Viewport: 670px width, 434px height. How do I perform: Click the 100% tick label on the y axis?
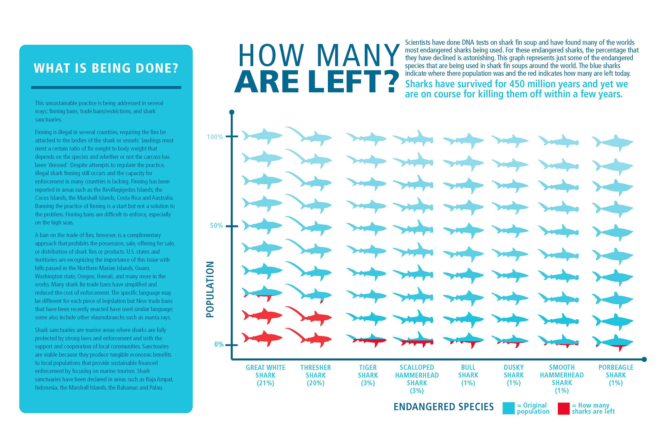[215, 137]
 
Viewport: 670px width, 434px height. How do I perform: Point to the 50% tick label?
[216, 226]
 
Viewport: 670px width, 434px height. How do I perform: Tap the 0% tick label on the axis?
[218, 345]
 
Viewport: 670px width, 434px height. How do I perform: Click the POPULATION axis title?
[210, 289]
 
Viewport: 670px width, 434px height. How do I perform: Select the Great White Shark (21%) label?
[265, 375]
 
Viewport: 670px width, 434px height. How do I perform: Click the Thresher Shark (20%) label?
[315, 375]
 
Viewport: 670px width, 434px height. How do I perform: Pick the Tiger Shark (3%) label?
[368, 375]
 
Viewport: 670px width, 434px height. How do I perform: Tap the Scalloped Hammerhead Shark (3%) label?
[417, 379]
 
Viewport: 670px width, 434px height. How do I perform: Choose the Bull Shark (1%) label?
[468, 375]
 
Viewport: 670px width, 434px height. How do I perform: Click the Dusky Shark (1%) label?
[514, 375]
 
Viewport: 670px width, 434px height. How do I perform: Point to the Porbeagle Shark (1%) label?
[616, 375]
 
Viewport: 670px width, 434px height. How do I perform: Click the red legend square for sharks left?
[564, 408]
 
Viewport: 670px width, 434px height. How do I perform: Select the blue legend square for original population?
[508, 408]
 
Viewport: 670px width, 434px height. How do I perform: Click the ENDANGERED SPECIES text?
[444, 407]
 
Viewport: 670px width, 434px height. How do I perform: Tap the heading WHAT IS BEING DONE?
[106, 68]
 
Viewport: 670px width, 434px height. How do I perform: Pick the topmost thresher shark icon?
[309, 136]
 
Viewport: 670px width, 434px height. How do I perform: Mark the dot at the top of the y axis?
[232, 112]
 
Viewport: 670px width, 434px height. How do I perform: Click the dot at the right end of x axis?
[644, 359]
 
